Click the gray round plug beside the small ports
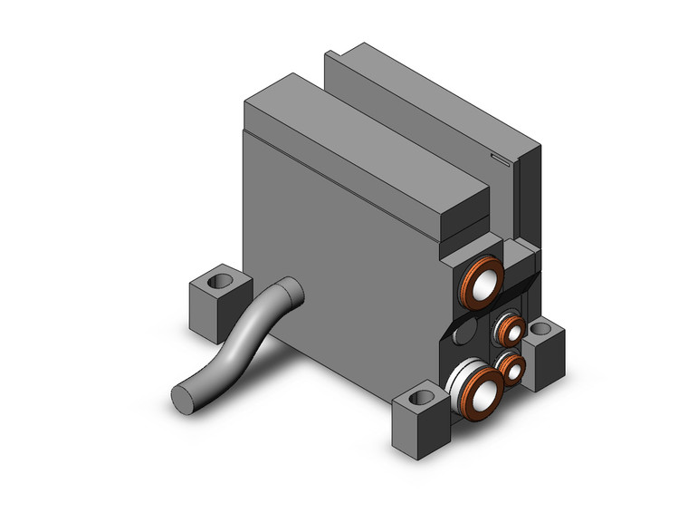point(463,335)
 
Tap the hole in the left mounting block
point(218,282)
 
